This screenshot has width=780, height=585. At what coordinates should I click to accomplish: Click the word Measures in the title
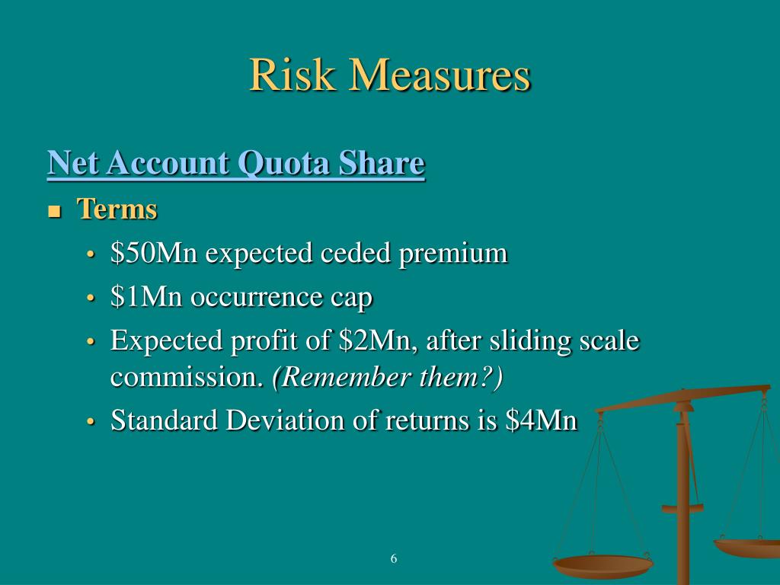click(440, 76)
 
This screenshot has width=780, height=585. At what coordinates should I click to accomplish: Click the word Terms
click(117, 209)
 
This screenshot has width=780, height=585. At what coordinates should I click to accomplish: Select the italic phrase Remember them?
click(388, 377)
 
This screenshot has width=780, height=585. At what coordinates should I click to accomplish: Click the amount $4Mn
click(542, 420)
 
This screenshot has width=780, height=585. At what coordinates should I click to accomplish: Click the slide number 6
click(394, 559)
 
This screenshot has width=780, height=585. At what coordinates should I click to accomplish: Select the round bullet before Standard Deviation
click(91, 421)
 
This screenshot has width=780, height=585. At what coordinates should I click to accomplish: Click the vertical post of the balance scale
click(683, 495)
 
